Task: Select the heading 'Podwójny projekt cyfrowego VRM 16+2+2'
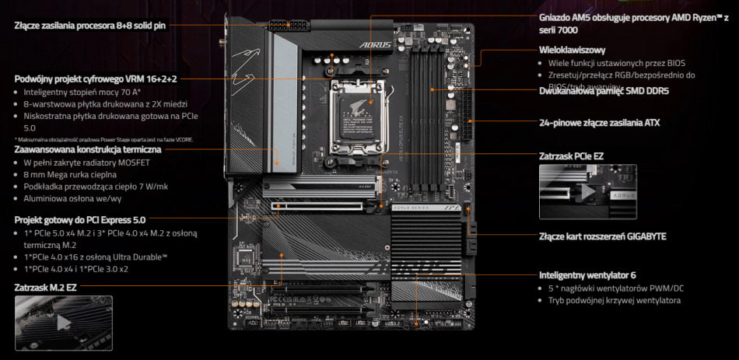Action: pos(96,78)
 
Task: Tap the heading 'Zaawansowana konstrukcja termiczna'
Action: pos(87,149)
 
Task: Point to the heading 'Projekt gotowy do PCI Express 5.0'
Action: pos(79,220)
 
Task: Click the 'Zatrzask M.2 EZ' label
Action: pos(46,287)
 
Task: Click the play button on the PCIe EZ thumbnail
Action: pos(587,190)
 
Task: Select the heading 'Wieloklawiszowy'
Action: pos(572,50)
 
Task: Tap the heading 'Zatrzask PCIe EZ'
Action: pos(571,156)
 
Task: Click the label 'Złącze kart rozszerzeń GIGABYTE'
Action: pos(602,236)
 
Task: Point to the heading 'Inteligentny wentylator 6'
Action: pos(587,274)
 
